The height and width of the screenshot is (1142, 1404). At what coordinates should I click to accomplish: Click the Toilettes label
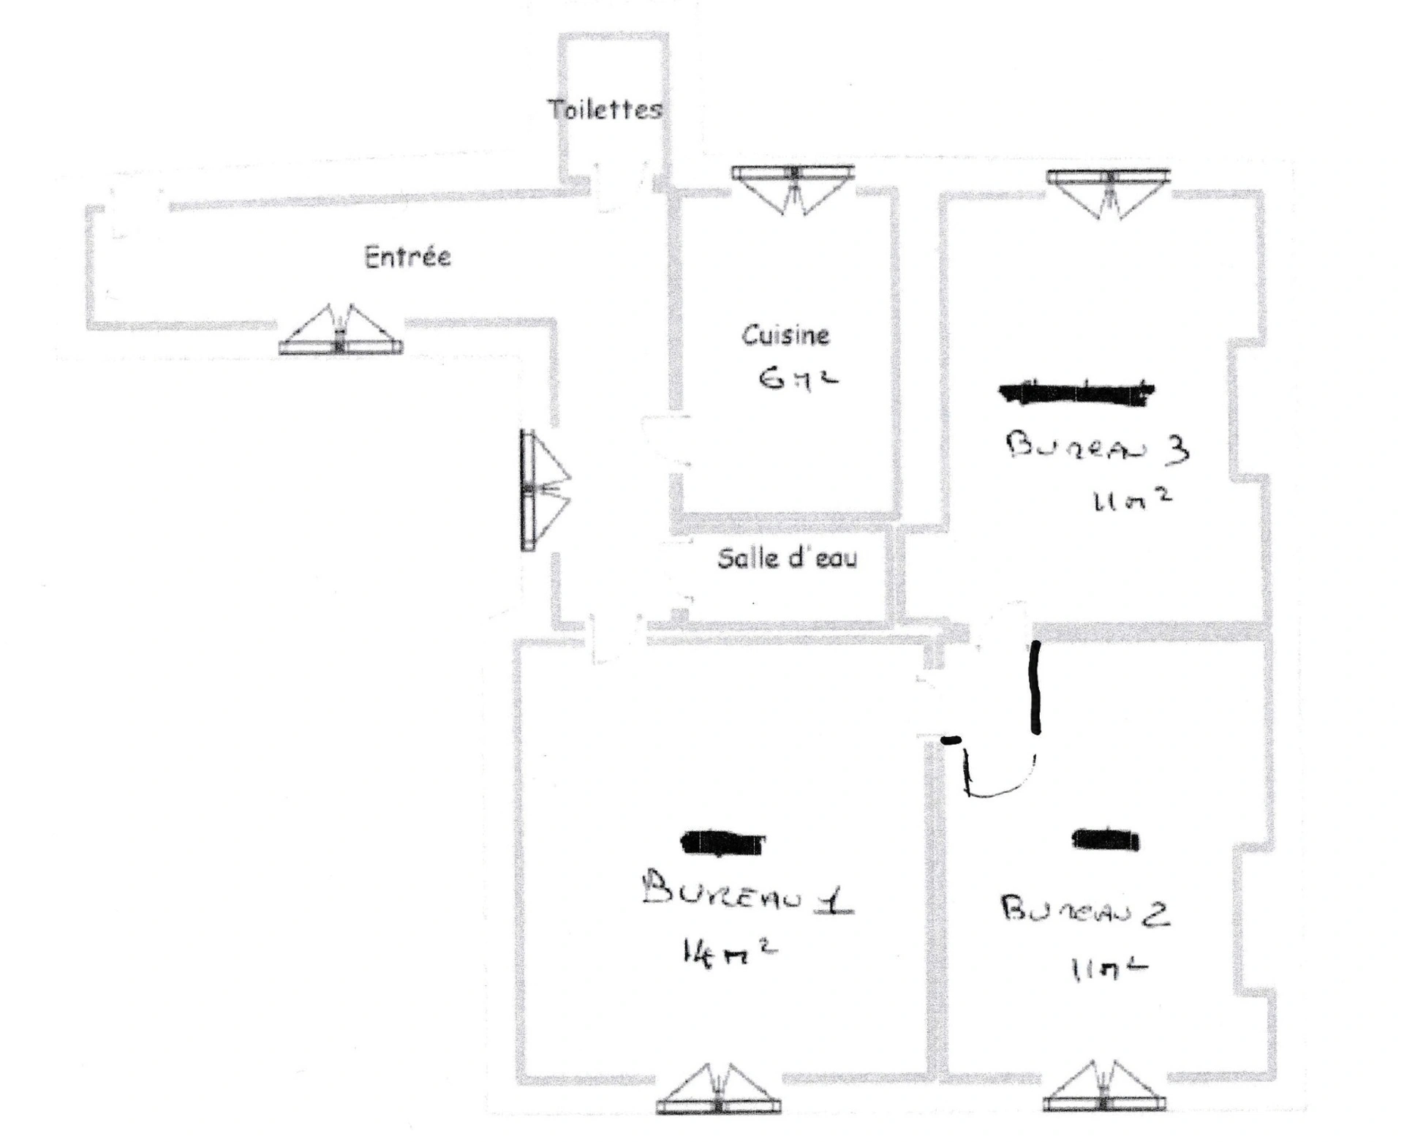605,110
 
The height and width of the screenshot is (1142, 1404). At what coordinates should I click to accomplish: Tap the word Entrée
407,257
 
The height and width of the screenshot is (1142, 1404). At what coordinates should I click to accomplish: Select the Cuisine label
785,335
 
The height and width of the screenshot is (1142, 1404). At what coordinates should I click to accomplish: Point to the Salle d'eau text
787,558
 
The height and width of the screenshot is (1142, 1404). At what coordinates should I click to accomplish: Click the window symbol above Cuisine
793,188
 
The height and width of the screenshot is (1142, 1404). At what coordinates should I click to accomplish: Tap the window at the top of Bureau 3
1108,191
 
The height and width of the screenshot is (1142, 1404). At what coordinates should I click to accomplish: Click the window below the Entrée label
340,331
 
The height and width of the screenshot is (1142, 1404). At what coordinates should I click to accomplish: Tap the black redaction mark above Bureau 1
722,843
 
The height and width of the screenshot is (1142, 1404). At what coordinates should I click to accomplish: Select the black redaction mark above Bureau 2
1106,839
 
